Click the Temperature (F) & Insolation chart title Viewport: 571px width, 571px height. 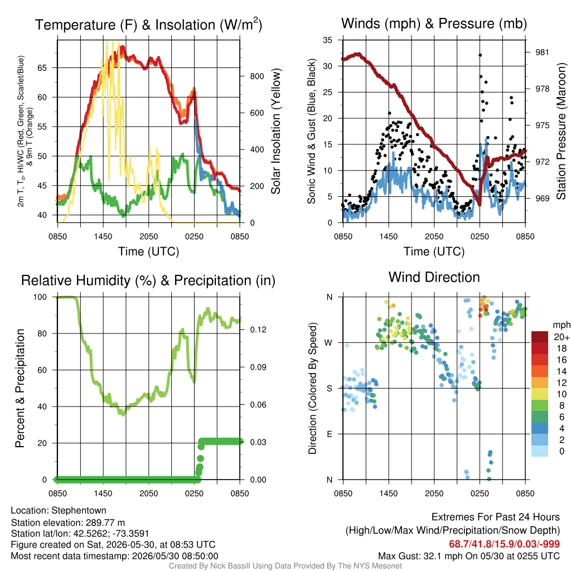[x=148, y=25]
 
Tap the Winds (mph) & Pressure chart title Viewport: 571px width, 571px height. [x=434, y=23]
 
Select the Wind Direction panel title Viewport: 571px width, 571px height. [x=434, y=277]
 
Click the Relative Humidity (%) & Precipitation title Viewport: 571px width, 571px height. [x=148, y=280]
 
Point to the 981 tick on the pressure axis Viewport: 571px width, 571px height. [x=542, y=52]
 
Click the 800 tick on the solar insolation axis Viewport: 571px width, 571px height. [x=257, y=76]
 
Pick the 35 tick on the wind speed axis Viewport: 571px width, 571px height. [x=327, y=40]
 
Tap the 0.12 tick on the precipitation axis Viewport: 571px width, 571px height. [x=258, y=330]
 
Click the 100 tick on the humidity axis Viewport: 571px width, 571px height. [x=40, y=297]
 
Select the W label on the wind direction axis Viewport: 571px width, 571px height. [x=328, y=343]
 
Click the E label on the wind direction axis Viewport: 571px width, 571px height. [x=330, y=434]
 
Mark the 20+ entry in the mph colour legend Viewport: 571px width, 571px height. [x=562, y=337]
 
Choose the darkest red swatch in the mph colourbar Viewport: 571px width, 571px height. [x=540, y=337]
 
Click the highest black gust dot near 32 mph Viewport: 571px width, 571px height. [x=480, y=55]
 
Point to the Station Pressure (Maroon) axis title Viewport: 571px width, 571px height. [x=561, y=131]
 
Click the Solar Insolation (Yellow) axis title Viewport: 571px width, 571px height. [x=275, y=131]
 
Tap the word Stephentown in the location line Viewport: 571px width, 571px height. [x=79, y=511]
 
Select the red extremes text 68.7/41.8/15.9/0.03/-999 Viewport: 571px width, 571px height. [x=504, y=544]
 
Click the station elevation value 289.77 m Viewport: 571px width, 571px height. [x=105, y=522]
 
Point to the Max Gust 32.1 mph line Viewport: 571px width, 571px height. [x=468, y=556]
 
